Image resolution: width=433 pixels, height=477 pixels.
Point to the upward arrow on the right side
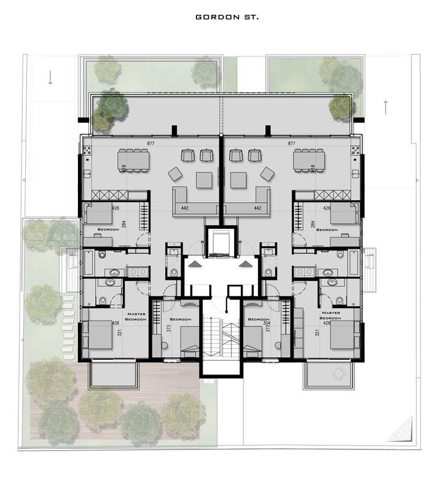[x=385, y=106]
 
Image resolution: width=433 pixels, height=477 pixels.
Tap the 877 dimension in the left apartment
[x=150, y=144]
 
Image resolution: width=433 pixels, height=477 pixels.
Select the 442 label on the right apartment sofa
[x=257, y=208]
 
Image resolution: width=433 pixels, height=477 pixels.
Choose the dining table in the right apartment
[x=308, y=160]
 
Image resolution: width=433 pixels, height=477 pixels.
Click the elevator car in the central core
[x=221, y=242]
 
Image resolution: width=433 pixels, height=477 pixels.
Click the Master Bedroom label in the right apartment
[x=330, y=316]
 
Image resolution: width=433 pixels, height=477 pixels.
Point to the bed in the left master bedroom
[x=98, y=335]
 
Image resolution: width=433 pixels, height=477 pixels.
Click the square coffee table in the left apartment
[x=205, y=179]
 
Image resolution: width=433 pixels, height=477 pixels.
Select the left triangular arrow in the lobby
[x=196, y=264]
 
